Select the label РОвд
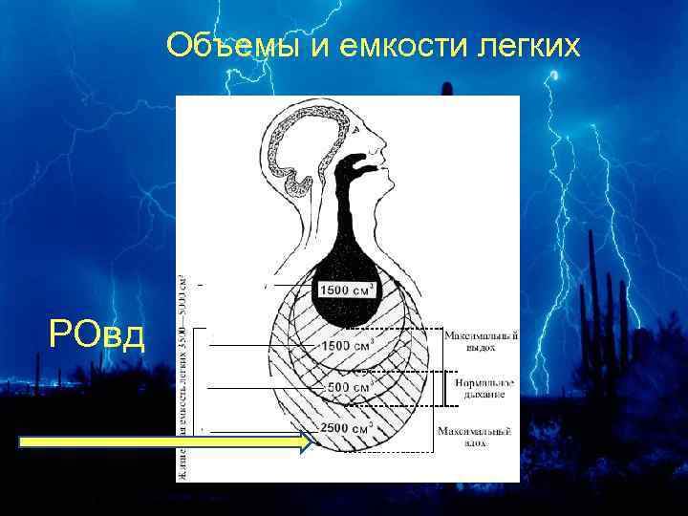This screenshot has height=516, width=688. (97, 335)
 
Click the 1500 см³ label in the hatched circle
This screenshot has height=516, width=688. (346, 345)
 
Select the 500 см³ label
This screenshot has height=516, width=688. (348, 388)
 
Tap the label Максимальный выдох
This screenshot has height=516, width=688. (481, 341)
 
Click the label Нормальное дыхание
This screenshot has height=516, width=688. (480, 388)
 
